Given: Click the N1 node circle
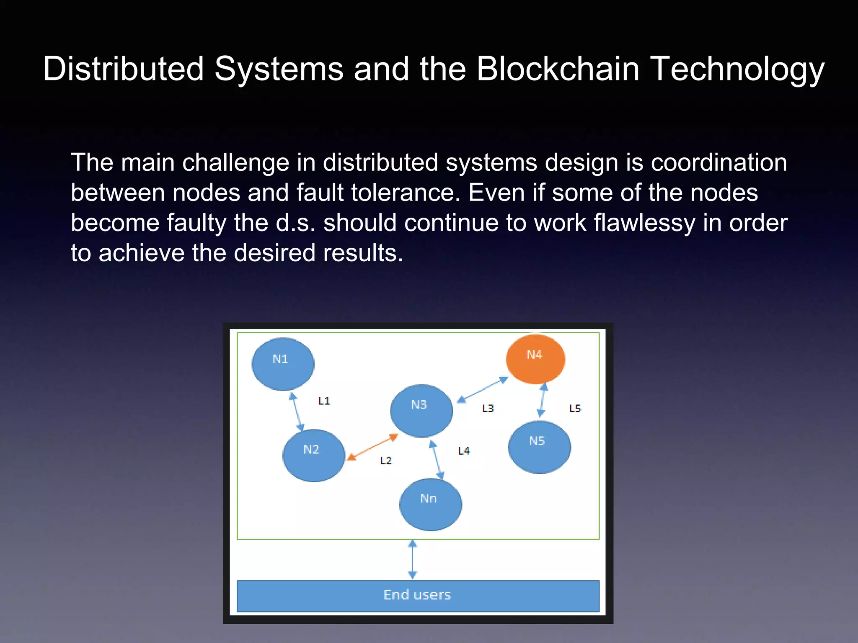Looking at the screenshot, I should point(283,364).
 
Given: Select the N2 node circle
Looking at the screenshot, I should point(314,455).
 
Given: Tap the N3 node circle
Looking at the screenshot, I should point(421,411).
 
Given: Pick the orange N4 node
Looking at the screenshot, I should point(535,359).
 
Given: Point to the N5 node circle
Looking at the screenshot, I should point(539,447).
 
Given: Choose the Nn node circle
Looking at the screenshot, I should point(431,504).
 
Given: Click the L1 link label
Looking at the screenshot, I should point(324,401).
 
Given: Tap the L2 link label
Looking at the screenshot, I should point(386,461).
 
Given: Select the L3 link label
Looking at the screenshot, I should point(488,409).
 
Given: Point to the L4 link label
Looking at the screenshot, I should point(464,451).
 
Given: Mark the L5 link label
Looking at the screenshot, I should point(575,409).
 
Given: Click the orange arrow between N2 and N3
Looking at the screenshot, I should point(372,447).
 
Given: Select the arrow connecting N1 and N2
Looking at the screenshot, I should point(297,412).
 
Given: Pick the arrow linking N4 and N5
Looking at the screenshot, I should point(543,400).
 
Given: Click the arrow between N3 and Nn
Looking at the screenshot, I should point(437,459).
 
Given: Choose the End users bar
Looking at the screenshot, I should point(418,596).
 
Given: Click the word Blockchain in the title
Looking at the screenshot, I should point(558,69).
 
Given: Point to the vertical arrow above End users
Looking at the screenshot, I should point(413,559).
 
